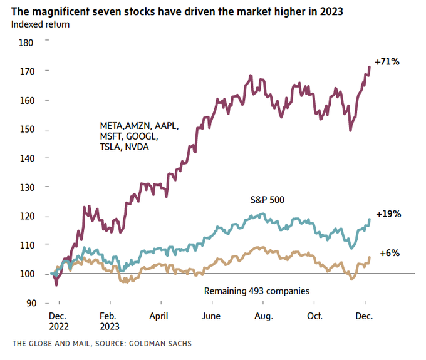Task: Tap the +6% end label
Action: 390,253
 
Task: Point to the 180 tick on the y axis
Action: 26,43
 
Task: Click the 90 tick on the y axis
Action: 29,303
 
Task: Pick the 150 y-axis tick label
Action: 26,130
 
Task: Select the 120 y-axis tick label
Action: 26,216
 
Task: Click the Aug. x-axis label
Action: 263,317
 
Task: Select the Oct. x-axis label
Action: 314,317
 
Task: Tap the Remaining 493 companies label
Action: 256,291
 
